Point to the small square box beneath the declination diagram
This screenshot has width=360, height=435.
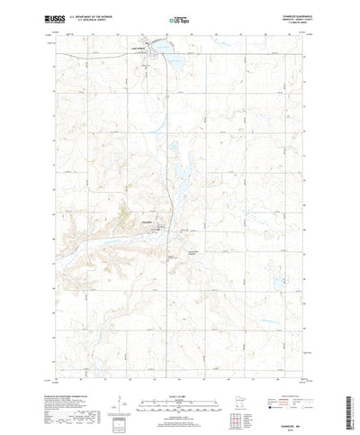[118, 402]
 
